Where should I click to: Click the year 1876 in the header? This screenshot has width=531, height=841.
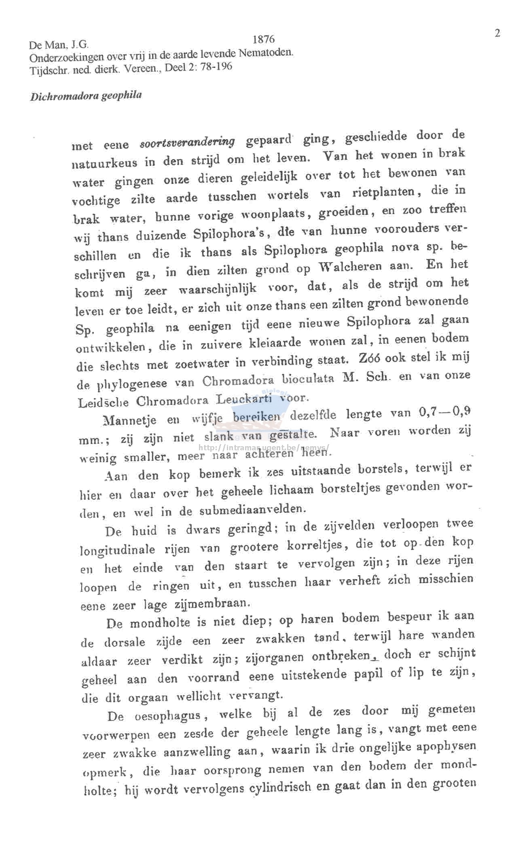pos(263,39)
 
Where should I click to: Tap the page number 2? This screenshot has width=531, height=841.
pos(497,33)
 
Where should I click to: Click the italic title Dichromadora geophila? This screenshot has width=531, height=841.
pos(86,96)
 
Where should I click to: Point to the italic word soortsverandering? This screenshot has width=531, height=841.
pos(187,142)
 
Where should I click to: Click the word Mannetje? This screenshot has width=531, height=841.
pos(130,420)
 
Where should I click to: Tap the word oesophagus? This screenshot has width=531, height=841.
pos(168,716)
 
